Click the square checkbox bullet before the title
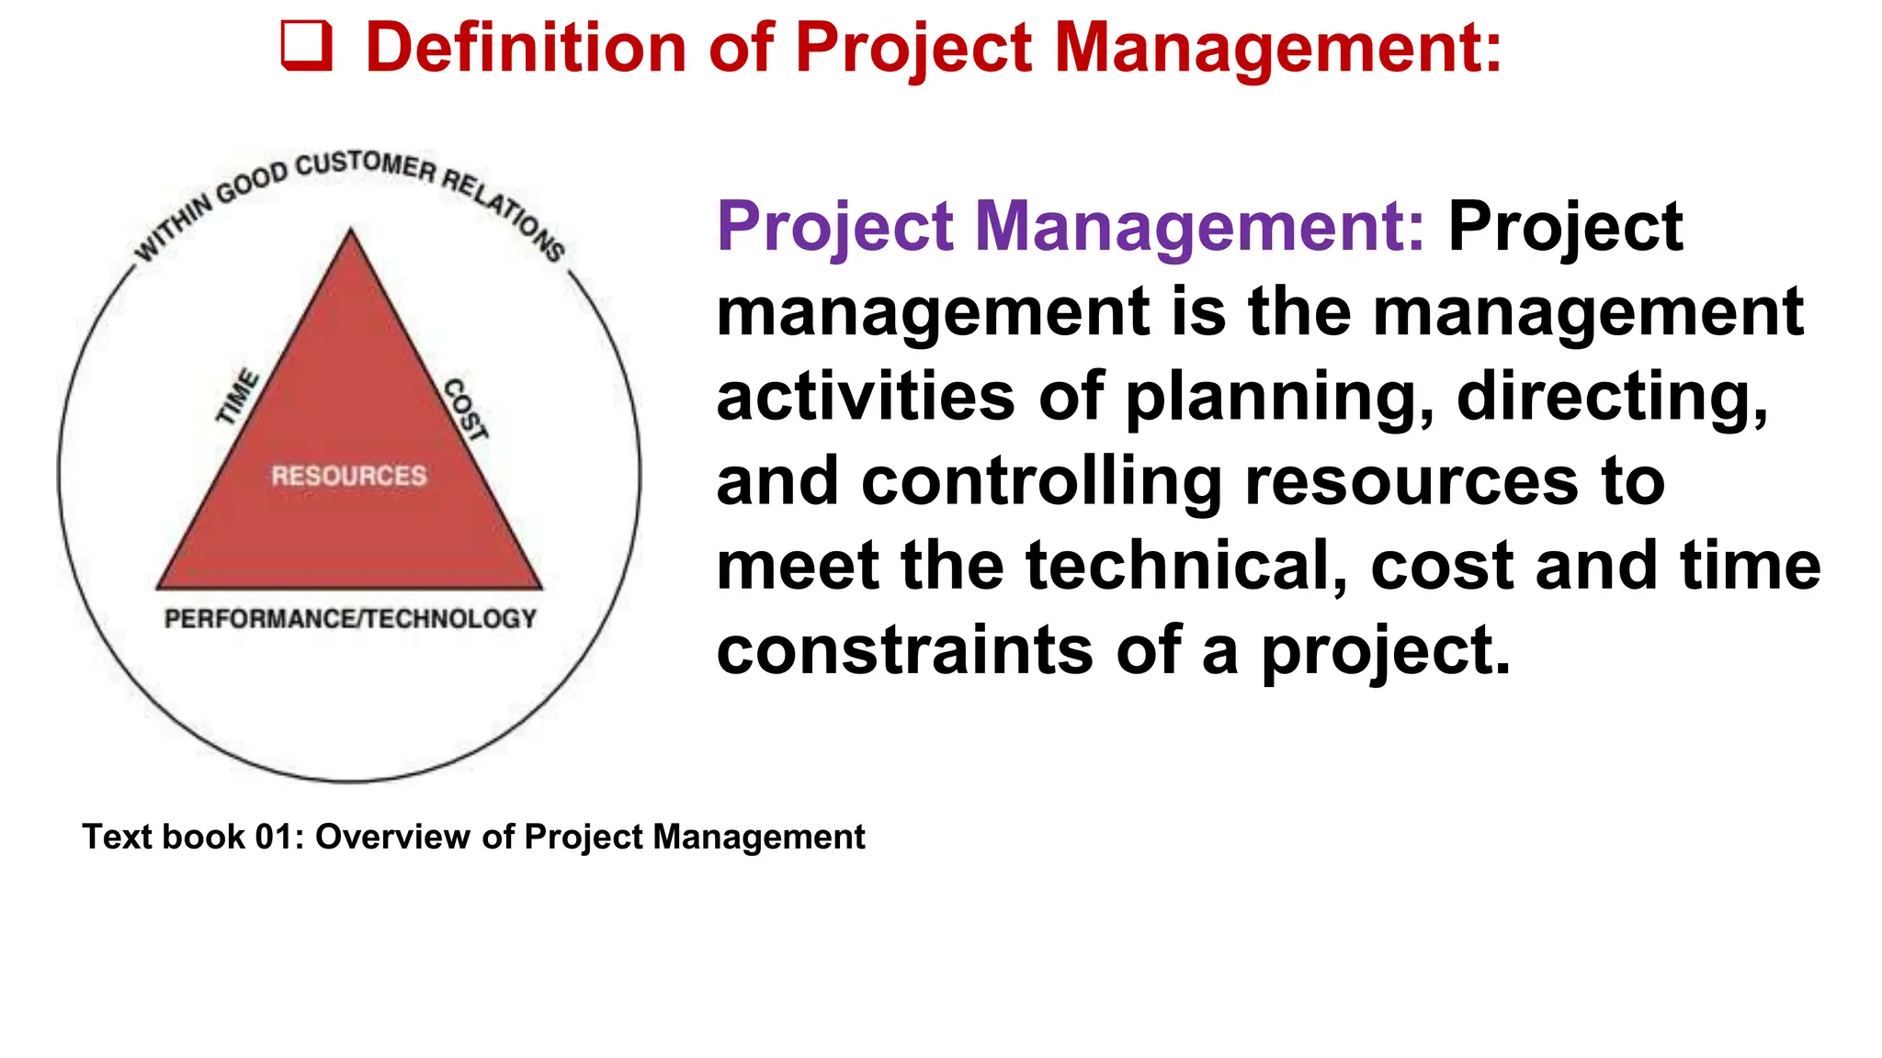(306, 47)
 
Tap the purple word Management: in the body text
(1199, 226)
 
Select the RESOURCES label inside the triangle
(349, 476)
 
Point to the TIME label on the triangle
(237, 397)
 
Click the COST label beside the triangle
(466, 410)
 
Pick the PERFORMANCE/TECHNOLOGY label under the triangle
(350, 619)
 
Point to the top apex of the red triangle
(350, 231)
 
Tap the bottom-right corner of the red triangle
(540, 587)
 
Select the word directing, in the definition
(1612, 397)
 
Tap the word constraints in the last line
(904, 650)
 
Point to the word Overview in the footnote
(393, 837)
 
